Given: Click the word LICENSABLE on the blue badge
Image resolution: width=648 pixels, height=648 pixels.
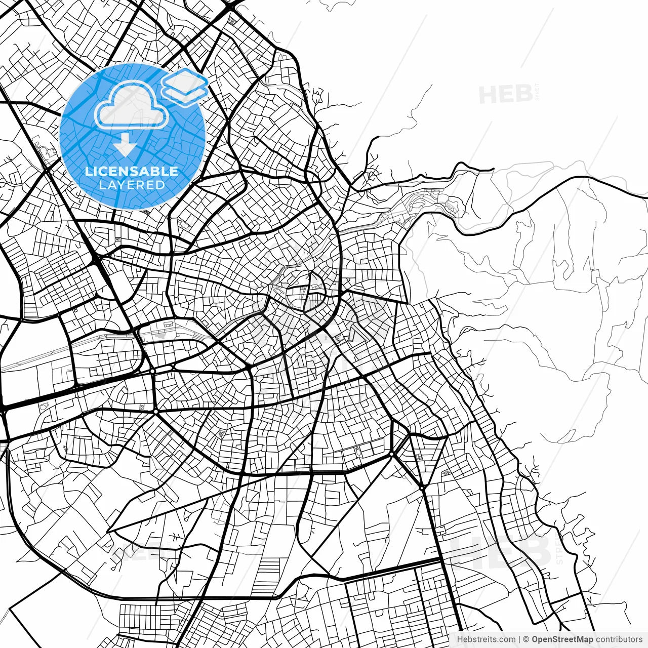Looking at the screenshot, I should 132,172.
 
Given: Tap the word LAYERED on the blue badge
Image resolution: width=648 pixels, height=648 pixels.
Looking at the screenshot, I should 132,185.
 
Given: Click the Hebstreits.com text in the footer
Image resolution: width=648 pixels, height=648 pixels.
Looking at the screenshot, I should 486,639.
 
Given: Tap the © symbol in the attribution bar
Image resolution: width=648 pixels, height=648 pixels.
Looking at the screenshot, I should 526,639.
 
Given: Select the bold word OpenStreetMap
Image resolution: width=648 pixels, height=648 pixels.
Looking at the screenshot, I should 562,639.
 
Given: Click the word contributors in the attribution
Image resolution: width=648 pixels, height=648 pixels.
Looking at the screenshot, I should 619,639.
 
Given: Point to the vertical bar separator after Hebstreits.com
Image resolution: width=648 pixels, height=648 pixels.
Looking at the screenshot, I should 519,639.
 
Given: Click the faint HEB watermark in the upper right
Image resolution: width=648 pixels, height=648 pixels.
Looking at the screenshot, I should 505,94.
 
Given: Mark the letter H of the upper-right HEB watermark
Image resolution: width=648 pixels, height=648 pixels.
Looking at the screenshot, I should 489,94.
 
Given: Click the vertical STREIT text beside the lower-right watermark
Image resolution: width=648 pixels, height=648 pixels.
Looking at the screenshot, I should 559,547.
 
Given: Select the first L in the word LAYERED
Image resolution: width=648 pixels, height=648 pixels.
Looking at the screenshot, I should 102,185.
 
